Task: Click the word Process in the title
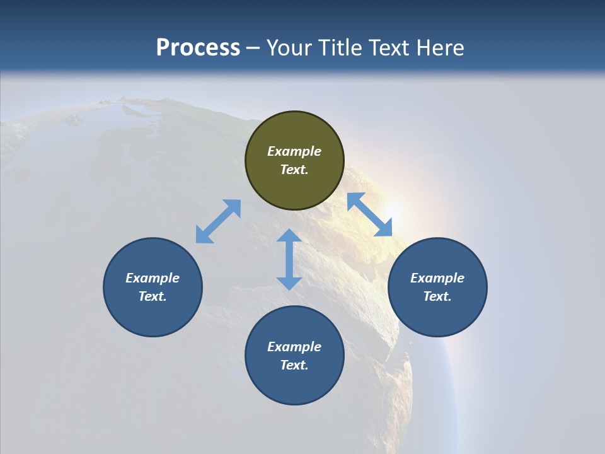point(198,48)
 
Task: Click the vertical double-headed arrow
point(289,259)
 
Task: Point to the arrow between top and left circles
point(218,221)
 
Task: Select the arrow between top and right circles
point(370,214)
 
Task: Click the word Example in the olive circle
point(294,151)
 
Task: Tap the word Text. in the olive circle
point(294,170)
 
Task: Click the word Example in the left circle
point(153,278)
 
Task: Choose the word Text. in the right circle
point(437,296)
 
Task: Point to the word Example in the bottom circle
point(294,347)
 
